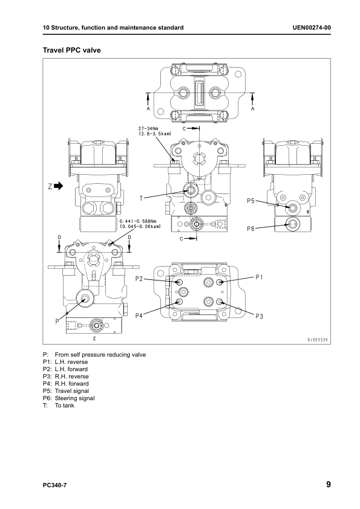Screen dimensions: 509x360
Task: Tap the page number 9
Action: pos(327,484)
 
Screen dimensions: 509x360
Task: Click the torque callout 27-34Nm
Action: pos(149,129)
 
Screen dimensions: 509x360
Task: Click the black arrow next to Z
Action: pos(59,186)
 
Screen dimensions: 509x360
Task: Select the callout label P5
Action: pos(252,200)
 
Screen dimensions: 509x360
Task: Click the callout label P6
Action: pos(252,229)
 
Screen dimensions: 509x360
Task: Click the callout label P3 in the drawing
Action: pos(260,316)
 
